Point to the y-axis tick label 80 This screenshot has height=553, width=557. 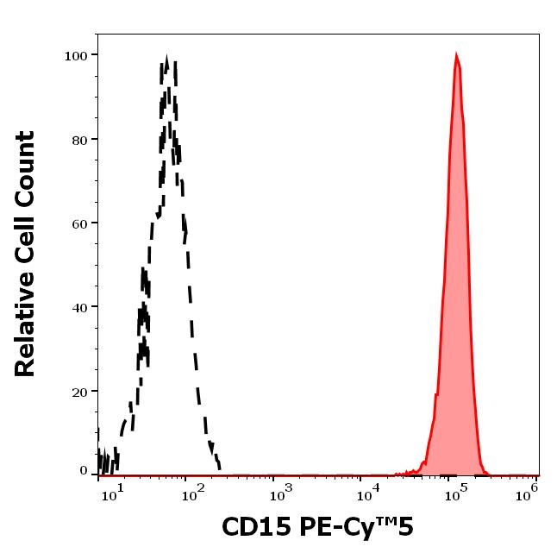click(x=79, y=139)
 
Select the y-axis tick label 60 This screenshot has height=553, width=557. click(x=79, y=223)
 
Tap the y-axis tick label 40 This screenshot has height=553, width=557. click(x=79, y=307)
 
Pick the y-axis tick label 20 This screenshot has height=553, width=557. click(x=79, y=392)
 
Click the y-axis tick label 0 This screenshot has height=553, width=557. click(x=84, y=471)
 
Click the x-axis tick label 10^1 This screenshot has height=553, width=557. click(x=113, y=492)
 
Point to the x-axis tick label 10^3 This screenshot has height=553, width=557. click(x=281, y=492)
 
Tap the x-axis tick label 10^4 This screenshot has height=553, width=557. click(x=369, y=492)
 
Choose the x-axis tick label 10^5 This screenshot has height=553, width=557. click(x=456, y=492)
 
